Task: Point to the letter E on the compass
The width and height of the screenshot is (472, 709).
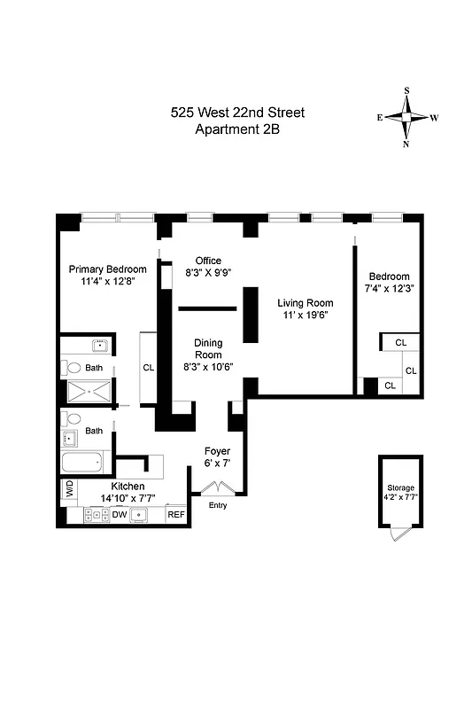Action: pyautogui.click(x=380, y=117)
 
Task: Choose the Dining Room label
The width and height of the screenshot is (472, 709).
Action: pyautogui.click(x=208, y=348)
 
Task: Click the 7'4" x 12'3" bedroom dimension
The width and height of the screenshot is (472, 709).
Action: pyautogui.click(x=390, y=290)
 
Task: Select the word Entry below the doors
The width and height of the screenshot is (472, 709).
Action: pyautogui.click(x=218, y=505)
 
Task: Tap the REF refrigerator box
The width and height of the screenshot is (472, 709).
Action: pyautogui.click(x=176, y=514)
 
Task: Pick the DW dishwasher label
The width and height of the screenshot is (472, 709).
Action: pyautogui.click(x=120, y=514)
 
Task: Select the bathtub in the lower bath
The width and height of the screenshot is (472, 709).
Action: pyautogui.click(x=86, y=463)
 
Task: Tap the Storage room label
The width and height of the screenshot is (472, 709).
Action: pyautogui.click(x=400, y=488)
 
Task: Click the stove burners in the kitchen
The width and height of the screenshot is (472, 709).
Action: pyautogui.click(x=95, y=514)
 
